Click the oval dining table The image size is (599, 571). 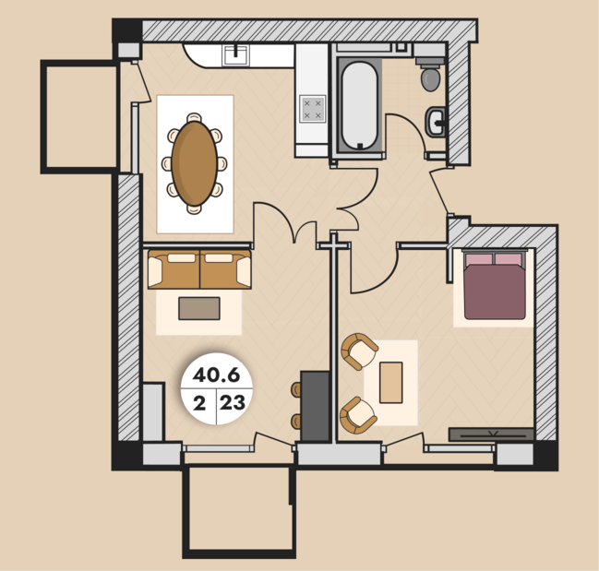[x=195, y=163]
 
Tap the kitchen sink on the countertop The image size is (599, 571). [x=235, y=55]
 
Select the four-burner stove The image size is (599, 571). [x=313, y=109]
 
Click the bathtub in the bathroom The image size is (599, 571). [x=359, y=106]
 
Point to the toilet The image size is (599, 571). [x=430, y=75]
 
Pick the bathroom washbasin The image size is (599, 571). [x=436, y=122]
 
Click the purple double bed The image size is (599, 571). [x=495, y=286]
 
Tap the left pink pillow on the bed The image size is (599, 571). [x=479, y=259]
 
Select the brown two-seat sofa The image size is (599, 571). [x=199, y=269]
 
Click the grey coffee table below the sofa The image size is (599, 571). [x=199, y=308]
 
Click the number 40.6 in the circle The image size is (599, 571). [x=216, y=375]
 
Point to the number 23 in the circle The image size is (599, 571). [x=233, y=403]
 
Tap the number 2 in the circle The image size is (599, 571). [x=199, y=403]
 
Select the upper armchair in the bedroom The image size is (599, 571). [x=359, y=351]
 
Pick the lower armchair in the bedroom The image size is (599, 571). [x=358, y=415]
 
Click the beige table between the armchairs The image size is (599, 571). [x=390, y=383]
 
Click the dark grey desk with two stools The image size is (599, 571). [x=315, y=407]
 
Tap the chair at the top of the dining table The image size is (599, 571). [x=195, y=117]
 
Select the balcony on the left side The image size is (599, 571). [x=79, y=116]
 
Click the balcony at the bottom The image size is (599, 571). [x=239, y=511]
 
